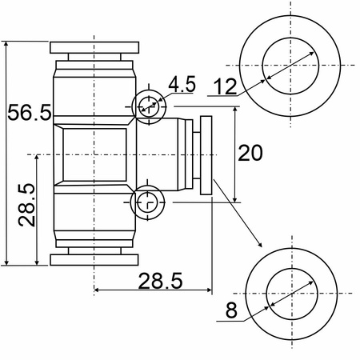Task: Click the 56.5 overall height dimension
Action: click(x=30, y=113)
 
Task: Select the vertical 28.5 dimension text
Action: click(x=26, y=205)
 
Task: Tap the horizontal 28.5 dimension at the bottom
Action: click(x=160, y=281)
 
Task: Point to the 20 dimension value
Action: click(x=250, y=153)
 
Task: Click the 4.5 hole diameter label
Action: click(x=182, y=84)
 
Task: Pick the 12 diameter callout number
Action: click(x=226, y=86)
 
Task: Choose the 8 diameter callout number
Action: click(x=231, y=310)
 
